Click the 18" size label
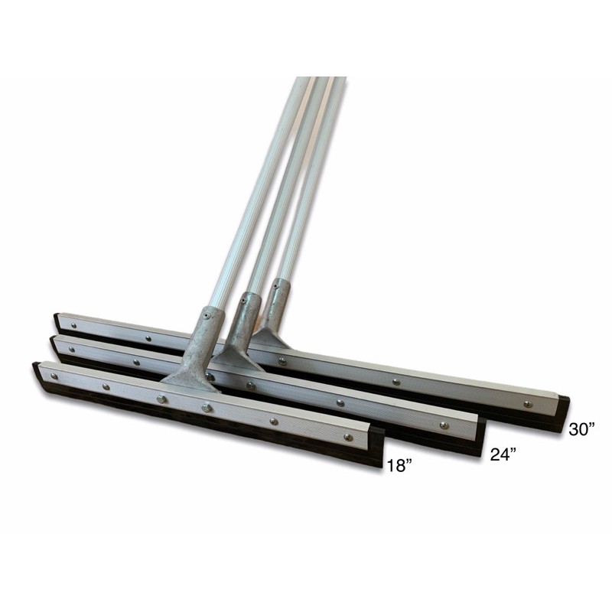click(x=399, y=466)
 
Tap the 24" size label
click(x=503, y=454)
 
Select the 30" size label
click(x=582, y=429)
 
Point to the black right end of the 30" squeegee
click(x=565, y=414)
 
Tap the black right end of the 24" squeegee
click(x=481, y=436)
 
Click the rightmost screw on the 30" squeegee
click(x=527, y=404)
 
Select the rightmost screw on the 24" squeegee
click(x=444, y=425)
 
